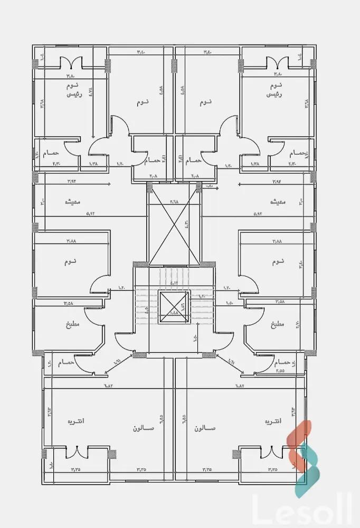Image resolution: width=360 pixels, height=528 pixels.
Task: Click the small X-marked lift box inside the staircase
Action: [x=174, y=307]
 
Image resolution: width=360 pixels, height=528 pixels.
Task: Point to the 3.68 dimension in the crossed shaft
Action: [x=174, y=202]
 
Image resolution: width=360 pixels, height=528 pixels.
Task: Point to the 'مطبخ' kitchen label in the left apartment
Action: [x=72, y=324]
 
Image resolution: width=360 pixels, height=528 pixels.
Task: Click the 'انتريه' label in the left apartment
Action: [x=75, y=422]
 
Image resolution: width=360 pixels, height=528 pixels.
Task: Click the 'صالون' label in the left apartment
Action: [x=144, y=428]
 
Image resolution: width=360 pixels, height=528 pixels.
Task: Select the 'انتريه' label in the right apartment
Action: [x=272, y=422]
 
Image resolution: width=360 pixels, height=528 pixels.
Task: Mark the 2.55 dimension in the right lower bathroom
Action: [x=280, y=371]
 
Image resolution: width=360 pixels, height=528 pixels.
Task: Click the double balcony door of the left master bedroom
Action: [x=72, y=63]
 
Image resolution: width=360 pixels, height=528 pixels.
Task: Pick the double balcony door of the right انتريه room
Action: [x=274, y=452]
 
